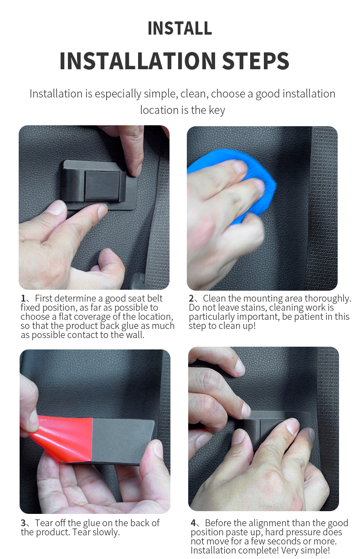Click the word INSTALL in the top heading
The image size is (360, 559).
180,28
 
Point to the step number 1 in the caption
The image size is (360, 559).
23,299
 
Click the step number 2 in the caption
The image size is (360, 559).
191,299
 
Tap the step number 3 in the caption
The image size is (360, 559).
23,523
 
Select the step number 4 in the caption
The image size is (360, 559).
193,523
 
